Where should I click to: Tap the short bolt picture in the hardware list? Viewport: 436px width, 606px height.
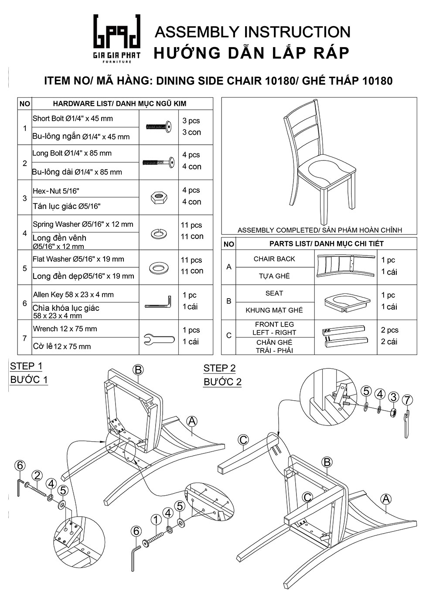(x=159, y=127)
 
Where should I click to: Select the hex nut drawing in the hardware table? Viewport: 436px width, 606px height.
(x=159, y=198)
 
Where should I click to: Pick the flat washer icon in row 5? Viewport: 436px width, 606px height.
(x=159, y=267)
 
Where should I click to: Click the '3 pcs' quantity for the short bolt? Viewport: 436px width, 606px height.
(x=191, y=121)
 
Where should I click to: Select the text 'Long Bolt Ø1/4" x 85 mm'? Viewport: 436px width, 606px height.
(x=72, y=153)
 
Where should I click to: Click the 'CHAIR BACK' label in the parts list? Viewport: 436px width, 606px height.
(x=274, y=259)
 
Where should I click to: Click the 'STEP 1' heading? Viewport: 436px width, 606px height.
(x=26, y=366)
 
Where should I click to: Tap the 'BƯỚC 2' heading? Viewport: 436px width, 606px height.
(x=222, y=382)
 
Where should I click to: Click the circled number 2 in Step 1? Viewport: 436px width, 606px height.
(x=37, y=476)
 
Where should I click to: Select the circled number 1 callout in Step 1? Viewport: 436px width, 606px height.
(x=156, y=520)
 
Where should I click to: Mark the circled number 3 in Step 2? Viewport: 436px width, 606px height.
(x=394, y=397)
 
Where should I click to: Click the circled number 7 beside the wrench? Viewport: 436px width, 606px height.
(x=407, y=400)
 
